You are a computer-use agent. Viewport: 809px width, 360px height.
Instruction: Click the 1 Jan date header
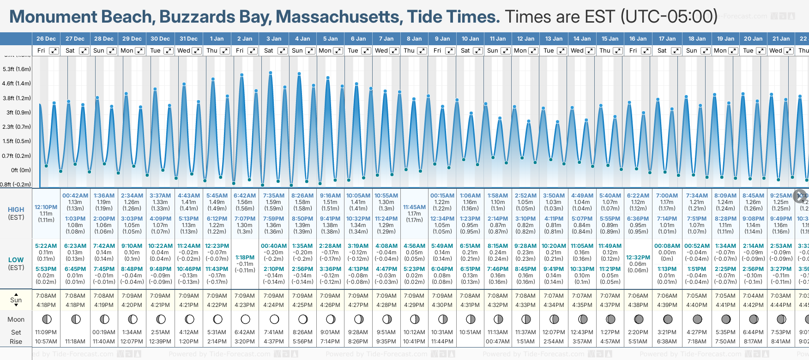[x=217, y=39]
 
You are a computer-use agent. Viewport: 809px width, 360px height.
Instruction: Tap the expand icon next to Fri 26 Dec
[x=54, y=51]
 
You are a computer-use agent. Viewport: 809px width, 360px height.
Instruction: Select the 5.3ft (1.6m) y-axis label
[x=17, y=69]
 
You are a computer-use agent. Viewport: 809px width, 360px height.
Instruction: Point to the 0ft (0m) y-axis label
[x=21, y=170]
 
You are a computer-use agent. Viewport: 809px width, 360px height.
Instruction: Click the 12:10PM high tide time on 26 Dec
[x=46, y=207]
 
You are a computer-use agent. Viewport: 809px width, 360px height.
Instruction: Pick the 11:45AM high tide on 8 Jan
[x=414, y=207]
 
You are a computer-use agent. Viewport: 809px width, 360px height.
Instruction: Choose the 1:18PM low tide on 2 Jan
[x=245, y=258]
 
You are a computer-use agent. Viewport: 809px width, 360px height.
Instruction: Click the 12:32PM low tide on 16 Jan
[x=638, y=258]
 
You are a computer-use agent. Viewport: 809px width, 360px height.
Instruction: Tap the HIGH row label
[x=16, y=210]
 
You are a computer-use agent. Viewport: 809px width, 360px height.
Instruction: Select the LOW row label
[x=16, y=260]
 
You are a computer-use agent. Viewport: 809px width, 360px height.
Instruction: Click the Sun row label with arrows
[x=16, y=300]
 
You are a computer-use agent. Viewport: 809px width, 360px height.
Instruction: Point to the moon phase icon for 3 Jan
[x=274, y=319]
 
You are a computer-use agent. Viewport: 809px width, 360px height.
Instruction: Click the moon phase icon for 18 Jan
[x=697, y=319]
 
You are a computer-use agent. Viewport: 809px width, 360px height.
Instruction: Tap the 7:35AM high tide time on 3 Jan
[x=273, y=196]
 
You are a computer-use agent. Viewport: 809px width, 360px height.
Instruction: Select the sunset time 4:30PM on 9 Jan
[x=442, y=305]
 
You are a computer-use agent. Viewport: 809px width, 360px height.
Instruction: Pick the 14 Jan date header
[x=582, y=39]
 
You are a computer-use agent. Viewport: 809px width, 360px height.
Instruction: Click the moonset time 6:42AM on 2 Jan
[x=245, y=332]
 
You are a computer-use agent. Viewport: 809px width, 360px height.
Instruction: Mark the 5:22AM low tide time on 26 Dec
[x=46, y=246]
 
